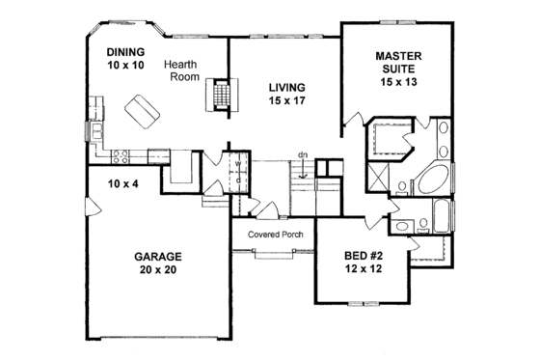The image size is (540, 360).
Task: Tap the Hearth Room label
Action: [x=181, y=72]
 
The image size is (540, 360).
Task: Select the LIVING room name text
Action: [x=285, y=86]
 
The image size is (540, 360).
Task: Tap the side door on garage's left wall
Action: [x=89, y=207]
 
